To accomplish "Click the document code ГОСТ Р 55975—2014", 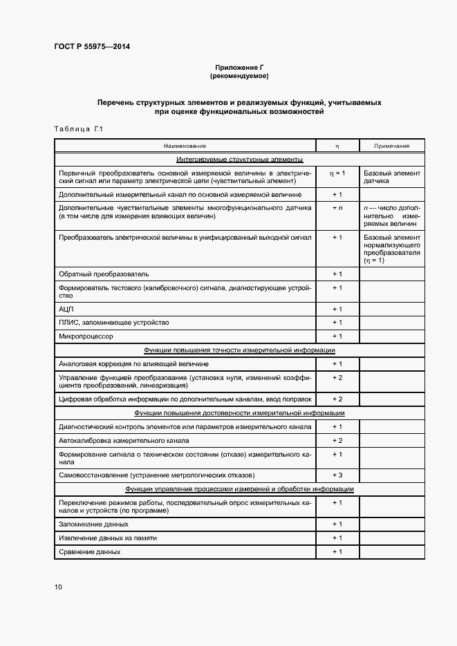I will [91, 47].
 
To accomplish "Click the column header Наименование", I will [185, 146].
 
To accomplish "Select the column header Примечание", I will [391, 146].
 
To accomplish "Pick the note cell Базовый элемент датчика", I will [391, 175].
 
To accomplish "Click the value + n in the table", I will [337, 207].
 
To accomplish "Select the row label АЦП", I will [66, 309].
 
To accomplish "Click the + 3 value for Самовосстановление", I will [337, 475].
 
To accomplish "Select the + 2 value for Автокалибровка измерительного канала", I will [337, 440].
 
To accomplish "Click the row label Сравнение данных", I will [90, 552].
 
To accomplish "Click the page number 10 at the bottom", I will [58, 587].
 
